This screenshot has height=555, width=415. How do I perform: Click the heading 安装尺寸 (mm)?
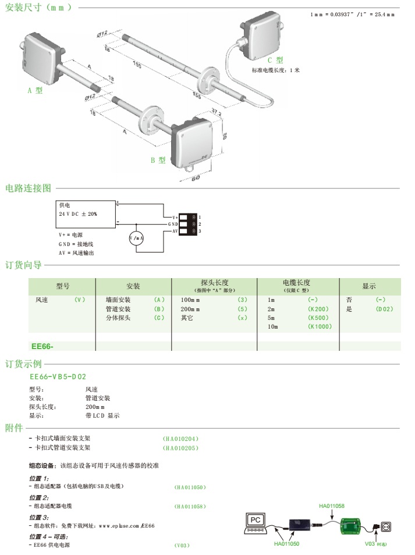38,8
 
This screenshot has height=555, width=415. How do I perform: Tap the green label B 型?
158,161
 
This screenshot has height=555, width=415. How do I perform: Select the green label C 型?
275,60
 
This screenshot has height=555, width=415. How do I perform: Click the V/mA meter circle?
136,239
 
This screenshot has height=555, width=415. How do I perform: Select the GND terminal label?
173,224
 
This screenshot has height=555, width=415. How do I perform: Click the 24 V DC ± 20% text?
78,214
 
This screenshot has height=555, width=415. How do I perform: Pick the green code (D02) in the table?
384,309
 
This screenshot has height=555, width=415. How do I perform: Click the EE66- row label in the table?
42,346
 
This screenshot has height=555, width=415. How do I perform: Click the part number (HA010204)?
181,438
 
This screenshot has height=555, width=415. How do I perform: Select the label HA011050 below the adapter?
287,543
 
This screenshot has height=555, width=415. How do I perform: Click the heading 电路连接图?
29,188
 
